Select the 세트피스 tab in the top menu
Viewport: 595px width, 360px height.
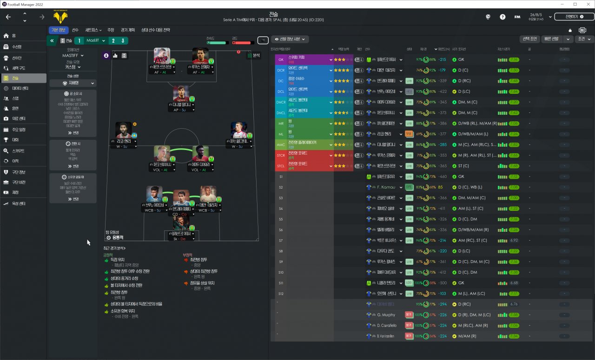click(93, 30)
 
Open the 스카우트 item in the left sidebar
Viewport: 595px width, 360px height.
click(19, 151)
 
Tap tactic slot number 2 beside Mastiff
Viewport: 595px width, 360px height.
click(113, 41)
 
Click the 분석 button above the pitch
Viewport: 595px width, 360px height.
click(254, 55)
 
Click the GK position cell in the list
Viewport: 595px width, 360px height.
click(281, 59)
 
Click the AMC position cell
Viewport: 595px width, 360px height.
click(281, 144)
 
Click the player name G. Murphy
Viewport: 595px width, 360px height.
click(386, 315)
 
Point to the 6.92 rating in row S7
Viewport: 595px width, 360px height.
click(514, 241)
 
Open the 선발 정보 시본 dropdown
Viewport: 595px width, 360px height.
click(290, 39)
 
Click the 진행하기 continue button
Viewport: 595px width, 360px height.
click(574, 17)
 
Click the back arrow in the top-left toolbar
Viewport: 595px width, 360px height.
click(8, 17)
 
